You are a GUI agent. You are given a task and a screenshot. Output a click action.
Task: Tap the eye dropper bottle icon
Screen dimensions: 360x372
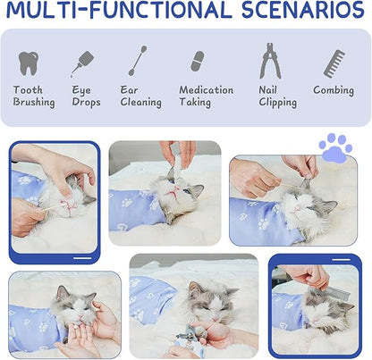click(x=83, y=63)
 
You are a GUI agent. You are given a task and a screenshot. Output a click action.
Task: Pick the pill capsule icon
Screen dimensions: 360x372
click(x=197, y=62)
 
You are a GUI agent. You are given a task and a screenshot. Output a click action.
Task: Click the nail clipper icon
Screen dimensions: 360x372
click(x=269, y=61)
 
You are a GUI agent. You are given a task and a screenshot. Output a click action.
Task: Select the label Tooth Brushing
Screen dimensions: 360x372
click(x=33, y=96)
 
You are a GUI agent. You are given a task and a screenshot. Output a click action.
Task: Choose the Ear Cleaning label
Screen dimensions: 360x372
click(x=141, y=96)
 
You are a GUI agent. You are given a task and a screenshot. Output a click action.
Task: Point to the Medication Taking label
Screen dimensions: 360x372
click(x=206, y=96)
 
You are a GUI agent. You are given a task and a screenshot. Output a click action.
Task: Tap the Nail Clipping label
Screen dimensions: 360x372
click(x=277, y=96)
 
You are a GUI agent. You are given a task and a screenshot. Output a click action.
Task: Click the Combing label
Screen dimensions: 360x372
click(x=334, y=90)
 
